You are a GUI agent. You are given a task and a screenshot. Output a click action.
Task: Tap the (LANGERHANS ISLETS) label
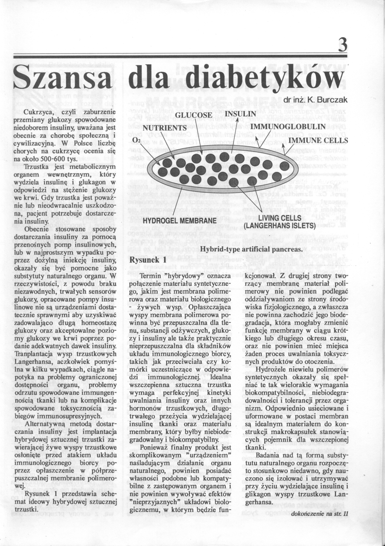tap(279, 226)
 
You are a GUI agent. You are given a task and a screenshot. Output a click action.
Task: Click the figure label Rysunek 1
tap(147, 260)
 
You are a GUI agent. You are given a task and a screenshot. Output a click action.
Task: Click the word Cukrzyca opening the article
tap(38, 112)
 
